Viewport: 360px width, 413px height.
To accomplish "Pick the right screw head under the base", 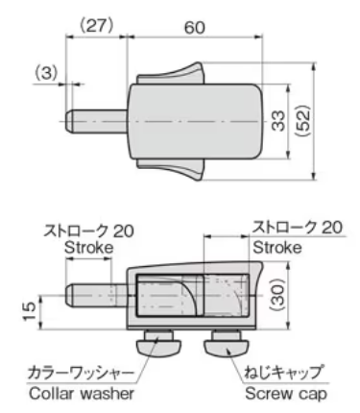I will (x=228, y=342).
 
